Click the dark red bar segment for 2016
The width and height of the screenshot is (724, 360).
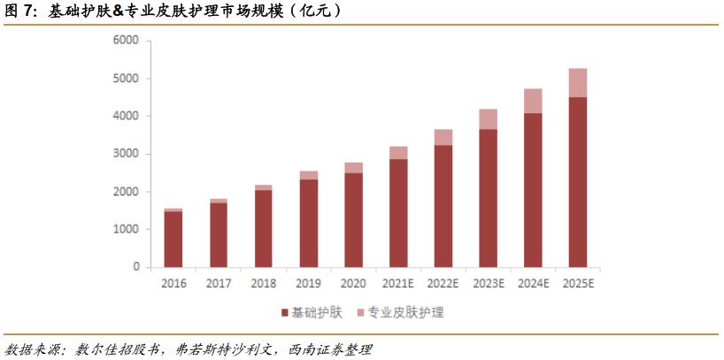[173, 239]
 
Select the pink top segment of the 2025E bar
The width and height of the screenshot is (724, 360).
[577, 82]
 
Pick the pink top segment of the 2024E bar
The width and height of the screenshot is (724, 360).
[532, 101]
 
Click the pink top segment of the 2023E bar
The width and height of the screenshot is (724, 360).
[487, 119]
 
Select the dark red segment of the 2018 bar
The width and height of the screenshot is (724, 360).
[264, 228]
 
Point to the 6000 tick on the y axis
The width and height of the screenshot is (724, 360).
[127, 41]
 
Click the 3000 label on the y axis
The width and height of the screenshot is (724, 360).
[127, 154]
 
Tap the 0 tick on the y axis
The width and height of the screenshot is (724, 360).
[135, 267]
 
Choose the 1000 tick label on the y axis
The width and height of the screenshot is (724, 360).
[127, 229]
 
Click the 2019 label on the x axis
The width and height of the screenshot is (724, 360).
[308, 283]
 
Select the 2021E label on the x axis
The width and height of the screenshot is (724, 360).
[397, 283]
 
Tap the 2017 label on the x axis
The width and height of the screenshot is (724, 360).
[219, 283]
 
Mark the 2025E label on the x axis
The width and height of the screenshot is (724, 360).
[577, 283]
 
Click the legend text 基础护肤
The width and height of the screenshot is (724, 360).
[315, 312]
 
